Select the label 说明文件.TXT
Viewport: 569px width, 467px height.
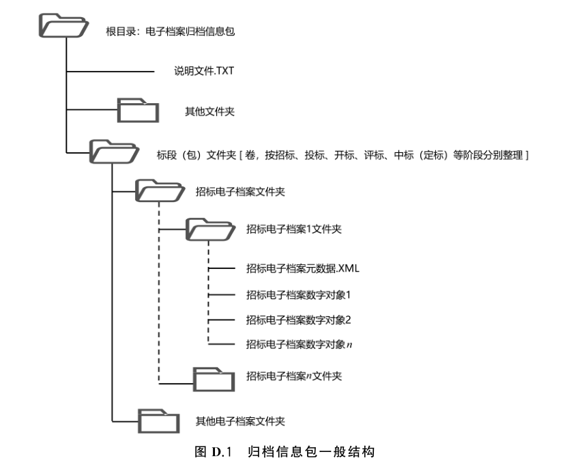[204, 70]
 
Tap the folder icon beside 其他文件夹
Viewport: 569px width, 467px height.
[138, 110]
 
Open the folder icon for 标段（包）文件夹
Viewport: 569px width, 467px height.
[113, 152]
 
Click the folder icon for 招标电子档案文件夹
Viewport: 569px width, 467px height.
[158, 190]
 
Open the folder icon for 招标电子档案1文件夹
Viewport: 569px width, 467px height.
[209, 229]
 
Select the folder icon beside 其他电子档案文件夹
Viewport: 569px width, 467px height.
[158, 420]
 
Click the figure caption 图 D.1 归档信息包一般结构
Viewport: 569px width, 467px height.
[284, 452]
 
